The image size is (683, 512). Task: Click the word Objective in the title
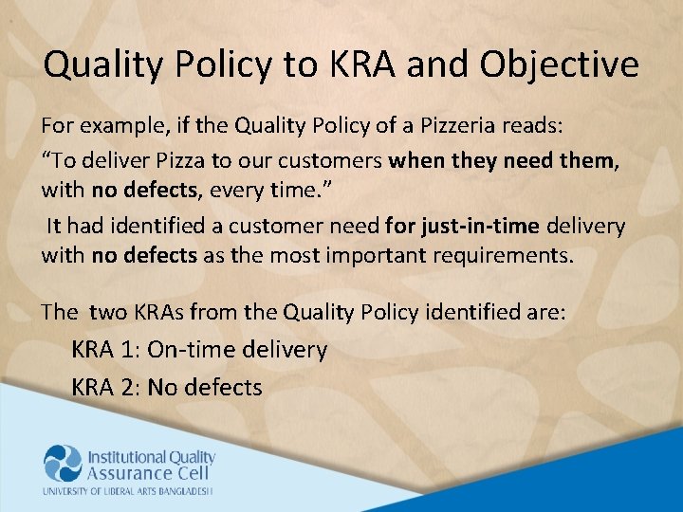[559, 65]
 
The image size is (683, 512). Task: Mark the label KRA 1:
[105, 350]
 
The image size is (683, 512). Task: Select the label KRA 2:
[105, 387]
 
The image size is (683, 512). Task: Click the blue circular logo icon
[64, 464]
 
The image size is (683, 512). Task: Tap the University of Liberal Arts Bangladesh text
[127, 491]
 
